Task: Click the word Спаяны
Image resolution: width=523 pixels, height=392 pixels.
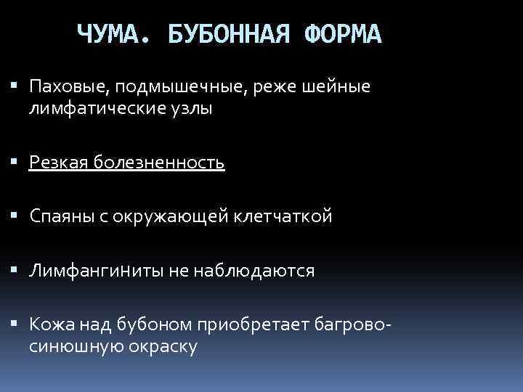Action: point(60,216)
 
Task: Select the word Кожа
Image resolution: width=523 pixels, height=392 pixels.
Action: point(49,324)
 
